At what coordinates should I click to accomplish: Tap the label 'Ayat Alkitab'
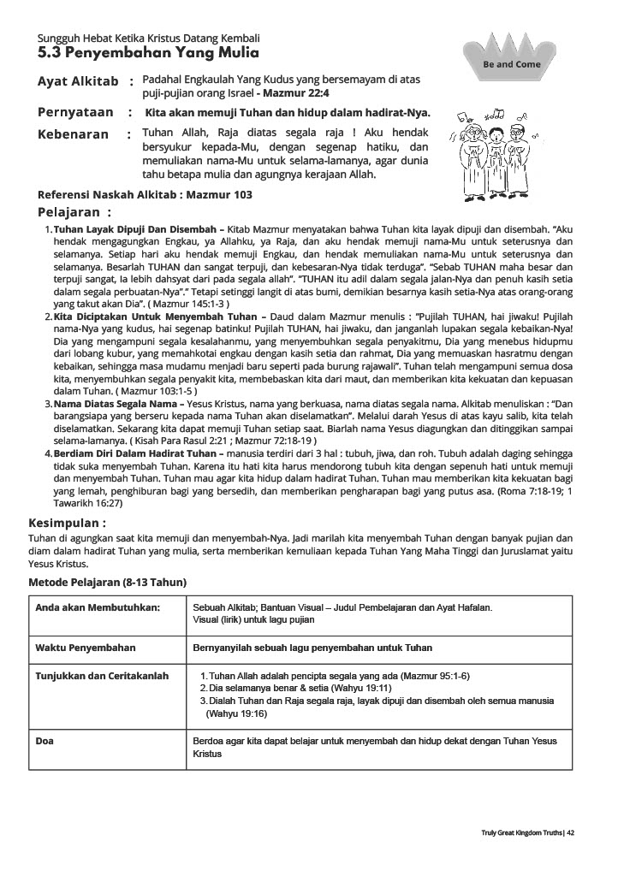pos(78,81)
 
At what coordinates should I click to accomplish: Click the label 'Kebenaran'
pos(74,134)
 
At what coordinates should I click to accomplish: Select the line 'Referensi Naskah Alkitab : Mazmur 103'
pos(145,194)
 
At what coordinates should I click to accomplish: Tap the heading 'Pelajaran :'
pos(74,212)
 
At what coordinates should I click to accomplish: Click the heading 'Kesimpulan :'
pos(68,522)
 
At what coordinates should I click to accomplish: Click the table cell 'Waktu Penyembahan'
pos(86,648)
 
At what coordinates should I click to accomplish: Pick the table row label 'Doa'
pos(45,741)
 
